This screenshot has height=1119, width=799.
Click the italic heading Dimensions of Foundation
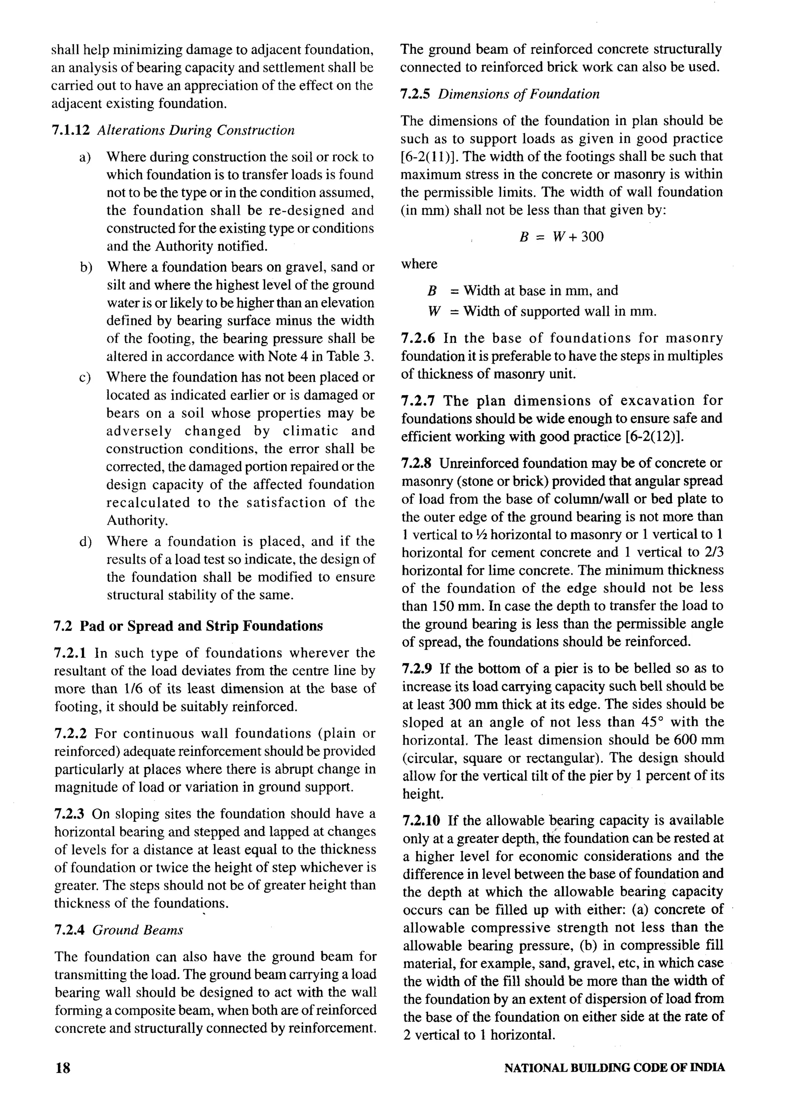pyautogui.click(x=518, y=94)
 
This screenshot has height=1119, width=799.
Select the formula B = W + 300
pyautogui.click(x=561, y=237)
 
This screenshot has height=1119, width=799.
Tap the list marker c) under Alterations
pyautogui.click(x=85, y=378)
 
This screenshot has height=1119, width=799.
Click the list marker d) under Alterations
pyautogui.click(x=85, y=542)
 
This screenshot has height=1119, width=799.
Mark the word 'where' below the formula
pyautogui.click(x=419, y=264)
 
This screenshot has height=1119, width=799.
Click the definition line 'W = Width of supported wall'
pyautogui.click(x=543, y=312)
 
